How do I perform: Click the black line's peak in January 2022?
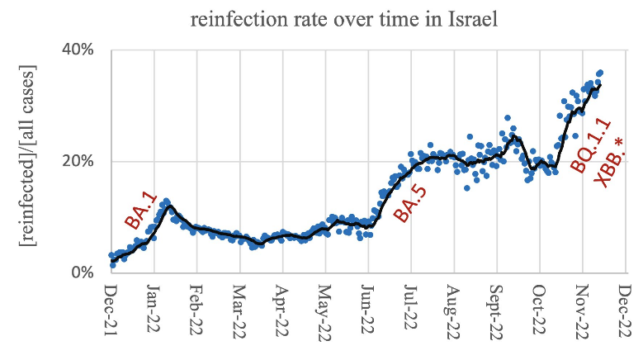pyautogui.click(x=169, y=206)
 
